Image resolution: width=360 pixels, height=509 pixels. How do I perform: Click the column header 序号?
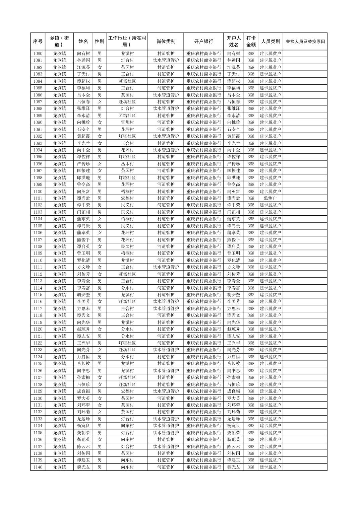pos(38,42)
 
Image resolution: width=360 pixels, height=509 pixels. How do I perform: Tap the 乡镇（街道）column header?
pos(59,42)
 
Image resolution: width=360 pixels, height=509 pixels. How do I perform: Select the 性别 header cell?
pos(99,42)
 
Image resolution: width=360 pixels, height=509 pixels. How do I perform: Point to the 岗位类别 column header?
pos(166,42)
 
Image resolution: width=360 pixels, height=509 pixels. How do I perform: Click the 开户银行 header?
pos(203,42)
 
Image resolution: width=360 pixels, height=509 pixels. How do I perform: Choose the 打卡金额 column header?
pos(251,42)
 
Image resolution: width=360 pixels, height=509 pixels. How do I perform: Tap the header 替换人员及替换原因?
pos(305,42)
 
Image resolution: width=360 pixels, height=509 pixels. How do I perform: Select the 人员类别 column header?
pos(270,42)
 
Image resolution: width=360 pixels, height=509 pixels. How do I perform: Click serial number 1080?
pos(38,54)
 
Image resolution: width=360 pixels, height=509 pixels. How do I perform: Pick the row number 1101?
pos(38,198)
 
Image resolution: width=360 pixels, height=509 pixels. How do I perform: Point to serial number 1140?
pos(38,467)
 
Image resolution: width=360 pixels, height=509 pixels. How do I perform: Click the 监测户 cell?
pos(270,198)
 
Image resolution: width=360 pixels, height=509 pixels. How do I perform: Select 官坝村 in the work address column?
pos(127,123)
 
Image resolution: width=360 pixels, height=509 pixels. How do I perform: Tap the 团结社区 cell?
pos(127,116)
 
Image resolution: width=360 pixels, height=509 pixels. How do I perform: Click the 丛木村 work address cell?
pos(127,164)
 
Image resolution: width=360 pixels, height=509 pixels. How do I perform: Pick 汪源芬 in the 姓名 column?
pos(83,67)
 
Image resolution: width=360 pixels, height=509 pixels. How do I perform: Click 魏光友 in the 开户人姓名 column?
pos(234,467)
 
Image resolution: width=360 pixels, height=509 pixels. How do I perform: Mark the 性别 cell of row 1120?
pos(99,329)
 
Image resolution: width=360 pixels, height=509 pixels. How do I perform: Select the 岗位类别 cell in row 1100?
pos(166,192)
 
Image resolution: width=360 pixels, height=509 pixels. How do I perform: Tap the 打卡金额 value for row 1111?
pos(251,267)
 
